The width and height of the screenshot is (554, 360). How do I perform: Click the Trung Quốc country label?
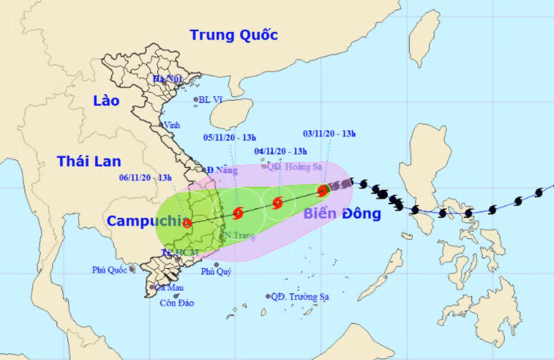233,35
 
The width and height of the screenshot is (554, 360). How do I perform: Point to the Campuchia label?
143,222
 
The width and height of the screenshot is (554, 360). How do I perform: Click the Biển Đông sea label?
342,214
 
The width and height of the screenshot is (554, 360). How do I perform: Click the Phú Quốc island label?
109,269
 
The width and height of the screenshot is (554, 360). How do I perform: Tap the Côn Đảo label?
177,303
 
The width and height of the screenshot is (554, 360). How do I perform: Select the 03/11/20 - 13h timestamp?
330,134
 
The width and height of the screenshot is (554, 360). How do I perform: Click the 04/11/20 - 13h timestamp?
280,150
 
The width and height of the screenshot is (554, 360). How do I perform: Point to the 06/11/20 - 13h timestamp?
146,178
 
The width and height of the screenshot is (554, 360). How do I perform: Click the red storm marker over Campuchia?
187,223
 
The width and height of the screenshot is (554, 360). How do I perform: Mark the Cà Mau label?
169,287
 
